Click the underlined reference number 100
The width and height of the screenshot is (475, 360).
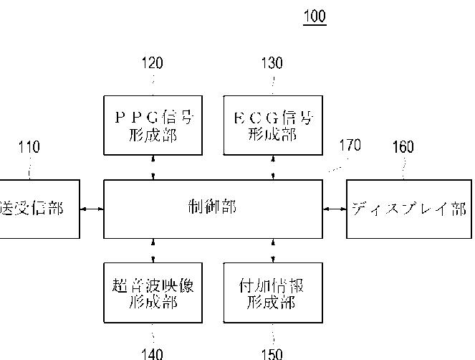point(315,16)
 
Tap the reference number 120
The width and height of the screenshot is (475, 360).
point(152,63)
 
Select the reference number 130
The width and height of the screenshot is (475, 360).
point(272,63)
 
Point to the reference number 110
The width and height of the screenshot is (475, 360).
point(29,147)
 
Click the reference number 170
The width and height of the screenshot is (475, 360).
point(350,146)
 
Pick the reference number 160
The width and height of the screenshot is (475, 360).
point(403,147)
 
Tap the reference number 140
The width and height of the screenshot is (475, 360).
point(152,353)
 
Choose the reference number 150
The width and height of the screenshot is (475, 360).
point(272,353)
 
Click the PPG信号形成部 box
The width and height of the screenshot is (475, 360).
point(152,125)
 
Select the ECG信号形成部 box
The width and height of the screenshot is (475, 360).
point(272,125)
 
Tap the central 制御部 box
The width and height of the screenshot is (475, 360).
point(213,209)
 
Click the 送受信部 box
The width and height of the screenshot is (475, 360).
point(39,209)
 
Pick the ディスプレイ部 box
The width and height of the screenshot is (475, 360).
point(409,209)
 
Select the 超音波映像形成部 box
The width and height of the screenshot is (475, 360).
point(152,293)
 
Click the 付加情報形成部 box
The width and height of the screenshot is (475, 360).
point(272,293)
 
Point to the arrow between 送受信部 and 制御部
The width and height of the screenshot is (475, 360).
point(92,209)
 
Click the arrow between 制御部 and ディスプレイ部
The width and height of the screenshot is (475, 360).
point(335,209)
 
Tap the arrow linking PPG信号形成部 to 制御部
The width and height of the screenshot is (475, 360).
point(152,167)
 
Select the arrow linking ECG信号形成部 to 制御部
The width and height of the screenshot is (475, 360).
point(272,167)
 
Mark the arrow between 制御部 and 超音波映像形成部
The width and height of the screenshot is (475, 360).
point(152,250)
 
